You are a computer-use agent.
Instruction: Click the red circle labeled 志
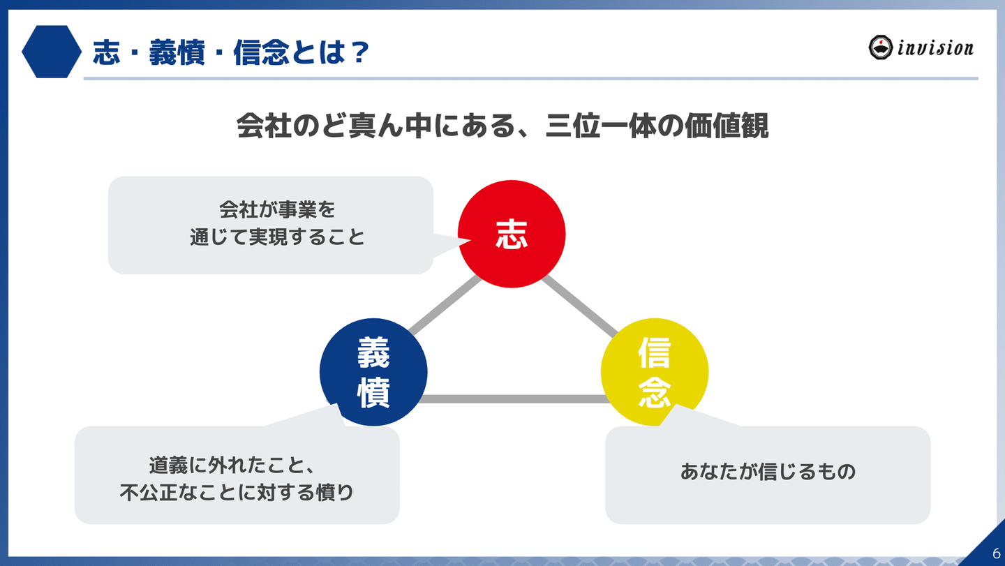click(511, 234)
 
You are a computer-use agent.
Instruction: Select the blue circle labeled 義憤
click(373, 373)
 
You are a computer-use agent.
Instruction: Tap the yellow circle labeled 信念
click(654, 373)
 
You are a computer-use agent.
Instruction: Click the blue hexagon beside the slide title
click(52, 52)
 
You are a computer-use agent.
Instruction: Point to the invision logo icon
click(881, 47)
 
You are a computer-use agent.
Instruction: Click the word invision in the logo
click(935, 48)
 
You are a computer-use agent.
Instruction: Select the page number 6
click(996, 551)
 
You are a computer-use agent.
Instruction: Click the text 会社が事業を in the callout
click(278, 209)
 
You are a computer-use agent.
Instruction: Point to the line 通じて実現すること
click(278, 237)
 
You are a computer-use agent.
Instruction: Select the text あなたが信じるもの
click(768, 472)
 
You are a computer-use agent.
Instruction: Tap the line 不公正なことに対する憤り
click(237, 493)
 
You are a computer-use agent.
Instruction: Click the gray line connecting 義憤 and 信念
click(513, 399)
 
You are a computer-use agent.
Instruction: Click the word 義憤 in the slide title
click(176, 53)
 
